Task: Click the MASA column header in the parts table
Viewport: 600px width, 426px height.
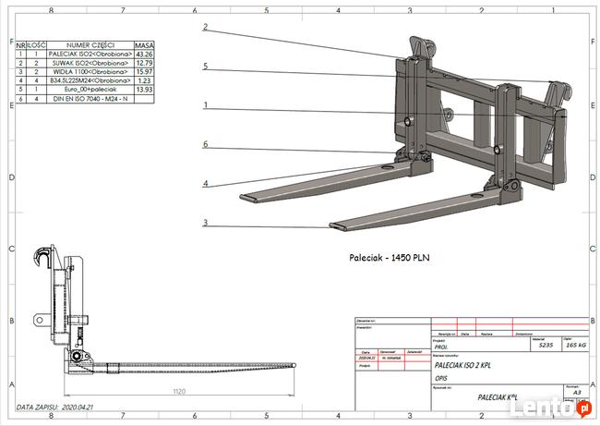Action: tap(144, 44)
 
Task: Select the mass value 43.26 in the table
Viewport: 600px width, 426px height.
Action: tap(144, 54)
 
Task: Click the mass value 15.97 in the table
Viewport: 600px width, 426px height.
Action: tap(144, 71)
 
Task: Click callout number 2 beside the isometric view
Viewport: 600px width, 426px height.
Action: tap(205, 27)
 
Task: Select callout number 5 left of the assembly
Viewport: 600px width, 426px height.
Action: tap(205, 67)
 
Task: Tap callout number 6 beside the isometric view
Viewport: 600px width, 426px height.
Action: tap(205, 144)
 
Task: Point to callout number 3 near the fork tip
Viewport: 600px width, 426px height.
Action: tap(205, 222)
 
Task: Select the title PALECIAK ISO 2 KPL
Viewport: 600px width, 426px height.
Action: tap(463, 365)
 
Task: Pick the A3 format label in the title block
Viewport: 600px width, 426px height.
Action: tap(577, 392)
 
